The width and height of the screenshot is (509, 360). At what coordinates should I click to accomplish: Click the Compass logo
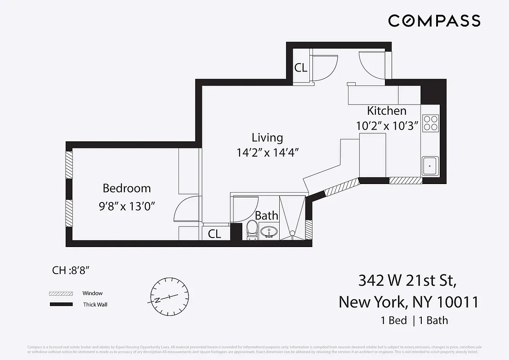click(x=434, y=21)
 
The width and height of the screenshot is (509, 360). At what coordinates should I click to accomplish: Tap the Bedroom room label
click(x=127, y=188)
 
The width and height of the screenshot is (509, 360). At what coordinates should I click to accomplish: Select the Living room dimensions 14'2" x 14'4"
click(x=268, y=153)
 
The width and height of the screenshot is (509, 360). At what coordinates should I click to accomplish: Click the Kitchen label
click(x=387, y=111)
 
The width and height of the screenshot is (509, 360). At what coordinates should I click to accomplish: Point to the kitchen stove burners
click(x=430, y=123)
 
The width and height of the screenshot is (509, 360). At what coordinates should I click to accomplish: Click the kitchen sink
click(x=430, y=166)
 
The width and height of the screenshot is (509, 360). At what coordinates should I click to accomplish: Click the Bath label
click(x=267, y=216)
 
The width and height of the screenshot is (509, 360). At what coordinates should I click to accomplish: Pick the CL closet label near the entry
click(x=301, y=68)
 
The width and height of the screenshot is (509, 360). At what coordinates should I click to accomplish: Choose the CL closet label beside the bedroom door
click(x=214, y=234)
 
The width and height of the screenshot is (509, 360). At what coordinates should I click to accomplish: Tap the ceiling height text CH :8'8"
click(x=71, y=270)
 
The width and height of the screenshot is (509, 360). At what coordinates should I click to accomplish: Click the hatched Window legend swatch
click(x=61, y=293)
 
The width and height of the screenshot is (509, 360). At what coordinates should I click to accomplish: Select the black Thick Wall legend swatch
click(x=61, y=305)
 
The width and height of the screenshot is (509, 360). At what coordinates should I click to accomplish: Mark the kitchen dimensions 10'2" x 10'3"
click(x=388, y=126)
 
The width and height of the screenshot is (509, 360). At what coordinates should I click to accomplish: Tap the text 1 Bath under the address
click(x=433, y=320)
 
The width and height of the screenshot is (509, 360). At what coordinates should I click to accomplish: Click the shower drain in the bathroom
click(x=292, y=233)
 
